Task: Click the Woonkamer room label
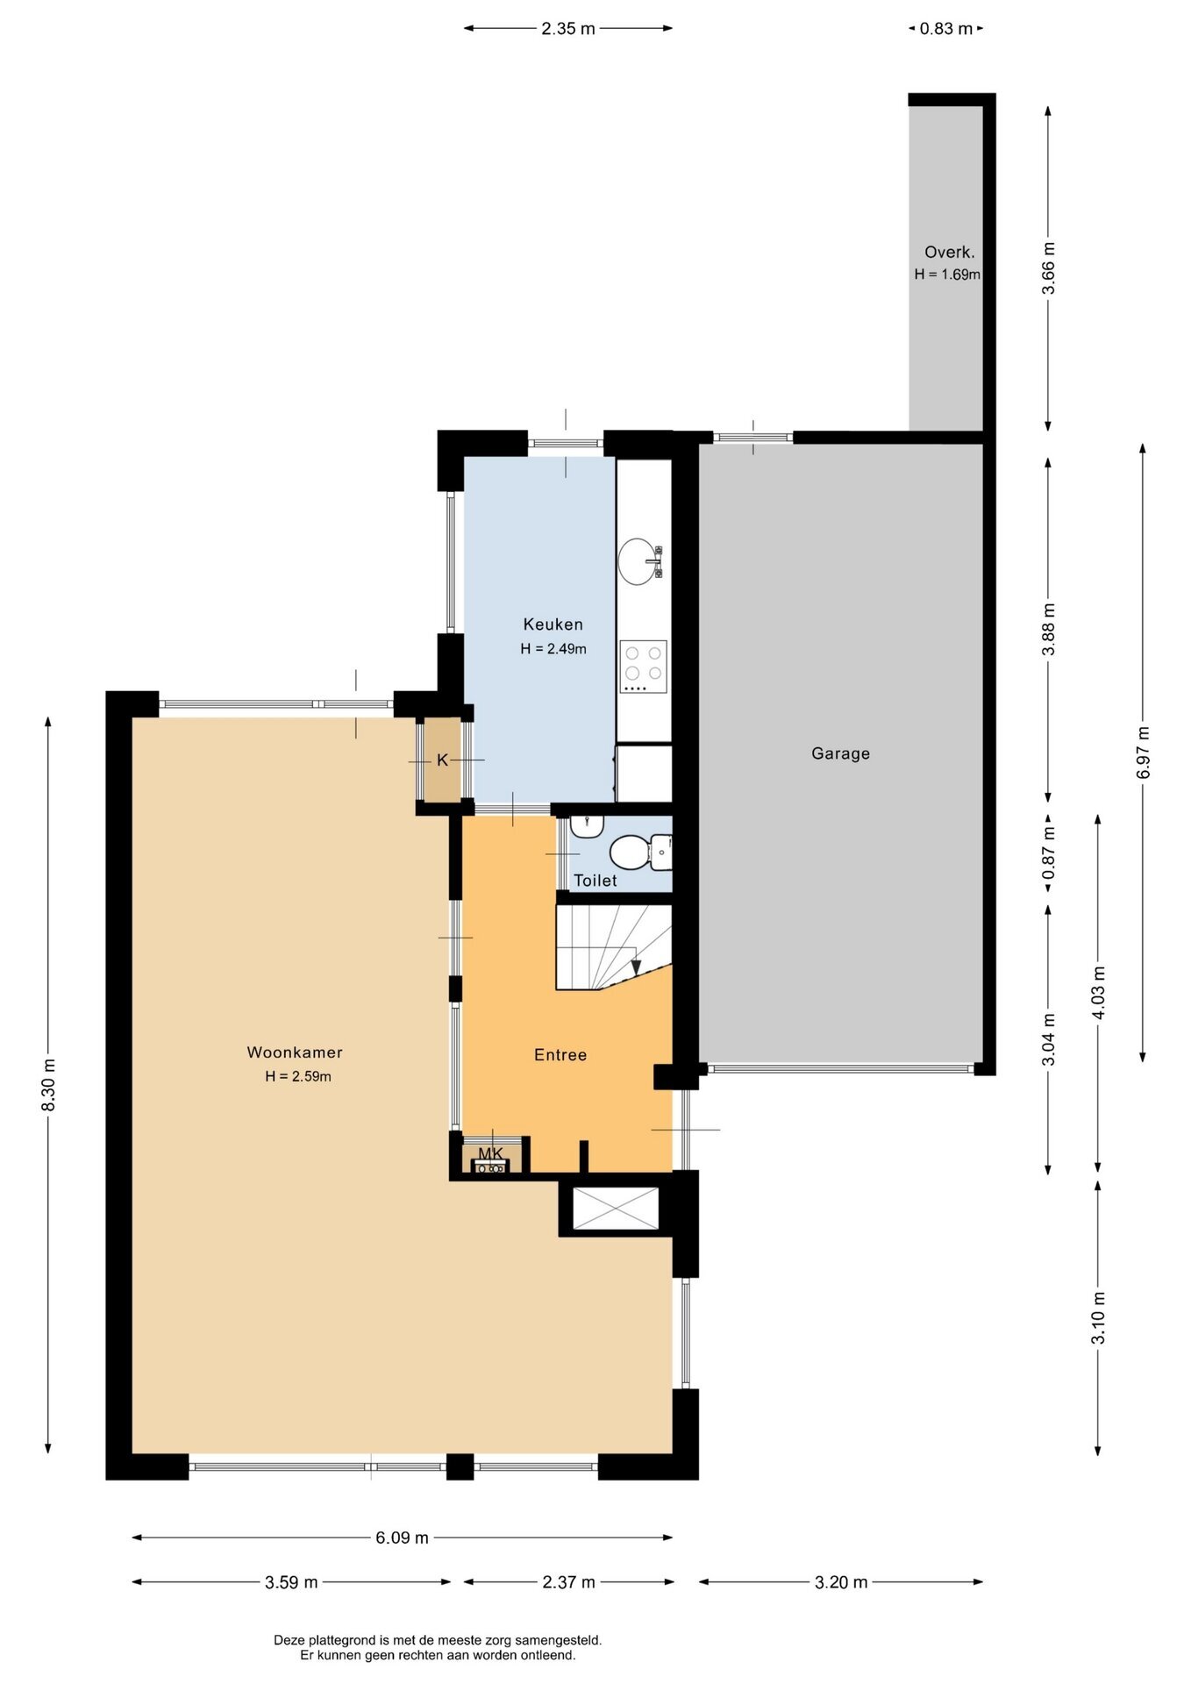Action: click(x=295, y=1052)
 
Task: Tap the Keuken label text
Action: click(x=553, y=624)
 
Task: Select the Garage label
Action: click(x=840, y=753)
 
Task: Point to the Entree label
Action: click(x=560, y=1055)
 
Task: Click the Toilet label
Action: click(x=595, y=881)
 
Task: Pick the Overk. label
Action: click(x=950, y=253)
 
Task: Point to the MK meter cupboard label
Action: click(x=491, y=1153)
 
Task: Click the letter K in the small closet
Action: click(x=442, y=760)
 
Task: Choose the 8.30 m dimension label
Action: click(x=49, y=1085)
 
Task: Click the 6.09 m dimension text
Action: click(x=403, y=1538)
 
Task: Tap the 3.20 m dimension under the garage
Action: click(x=841, y=1582)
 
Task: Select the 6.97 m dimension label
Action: click(x=1143, y=753)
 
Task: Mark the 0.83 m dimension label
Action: click(x=946, y=29)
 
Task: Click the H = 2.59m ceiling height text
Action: click(x=298, y=1077)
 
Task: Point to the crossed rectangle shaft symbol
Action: click(x=615, y=1209)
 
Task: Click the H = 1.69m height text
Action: click(x=947, y=275)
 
